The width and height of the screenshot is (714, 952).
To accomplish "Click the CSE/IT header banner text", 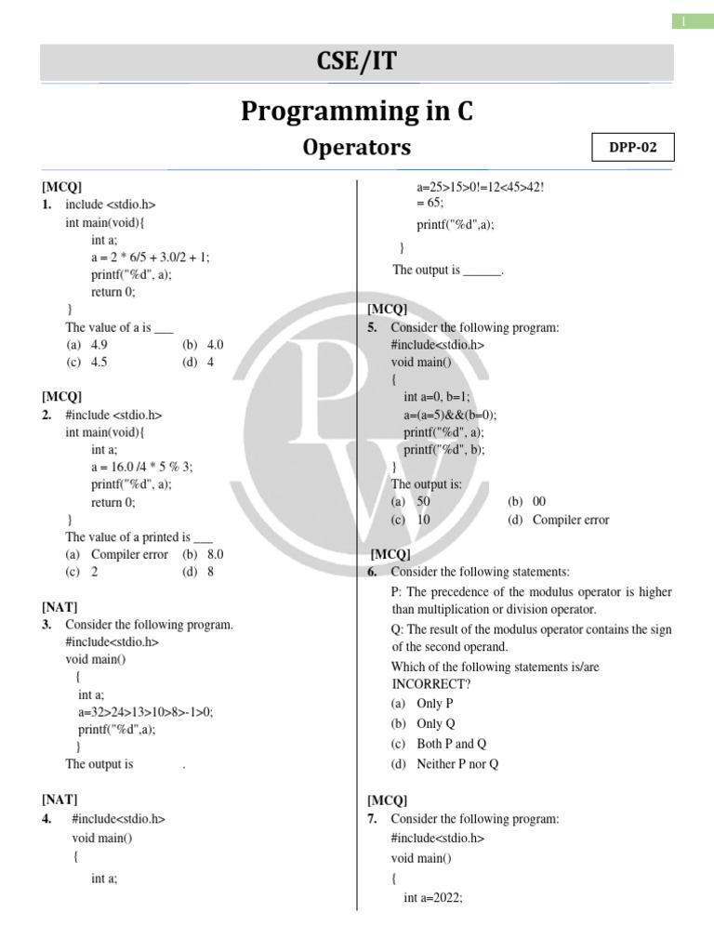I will [357, 62].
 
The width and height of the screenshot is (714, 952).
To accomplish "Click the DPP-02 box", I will [633, 148].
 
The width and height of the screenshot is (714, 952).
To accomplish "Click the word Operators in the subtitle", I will [357, 148].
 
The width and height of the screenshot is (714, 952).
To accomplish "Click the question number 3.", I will [46, 625].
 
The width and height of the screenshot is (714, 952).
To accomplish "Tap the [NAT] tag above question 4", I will [59, 799].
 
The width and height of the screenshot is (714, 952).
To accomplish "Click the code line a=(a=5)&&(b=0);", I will [450, 415].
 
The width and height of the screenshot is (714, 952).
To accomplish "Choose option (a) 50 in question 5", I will [411, 501].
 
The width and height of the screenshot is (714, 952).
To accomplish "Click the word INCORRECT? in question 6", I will [431, 684].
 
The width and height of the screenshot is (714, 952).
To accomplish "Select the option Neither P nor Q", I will [445, 764].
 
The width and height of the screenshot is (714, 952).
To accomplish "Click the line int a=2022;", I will [433, 898].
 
